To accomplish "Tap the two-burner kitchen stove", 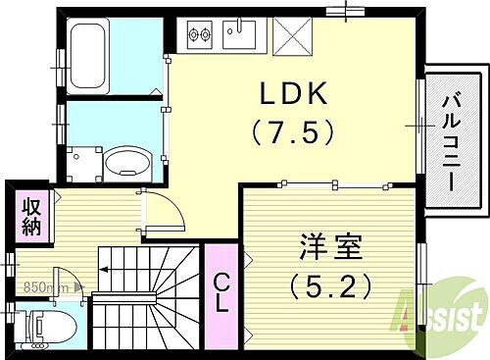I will point(198,37).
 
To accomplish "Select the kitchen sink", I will point(239,36).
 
